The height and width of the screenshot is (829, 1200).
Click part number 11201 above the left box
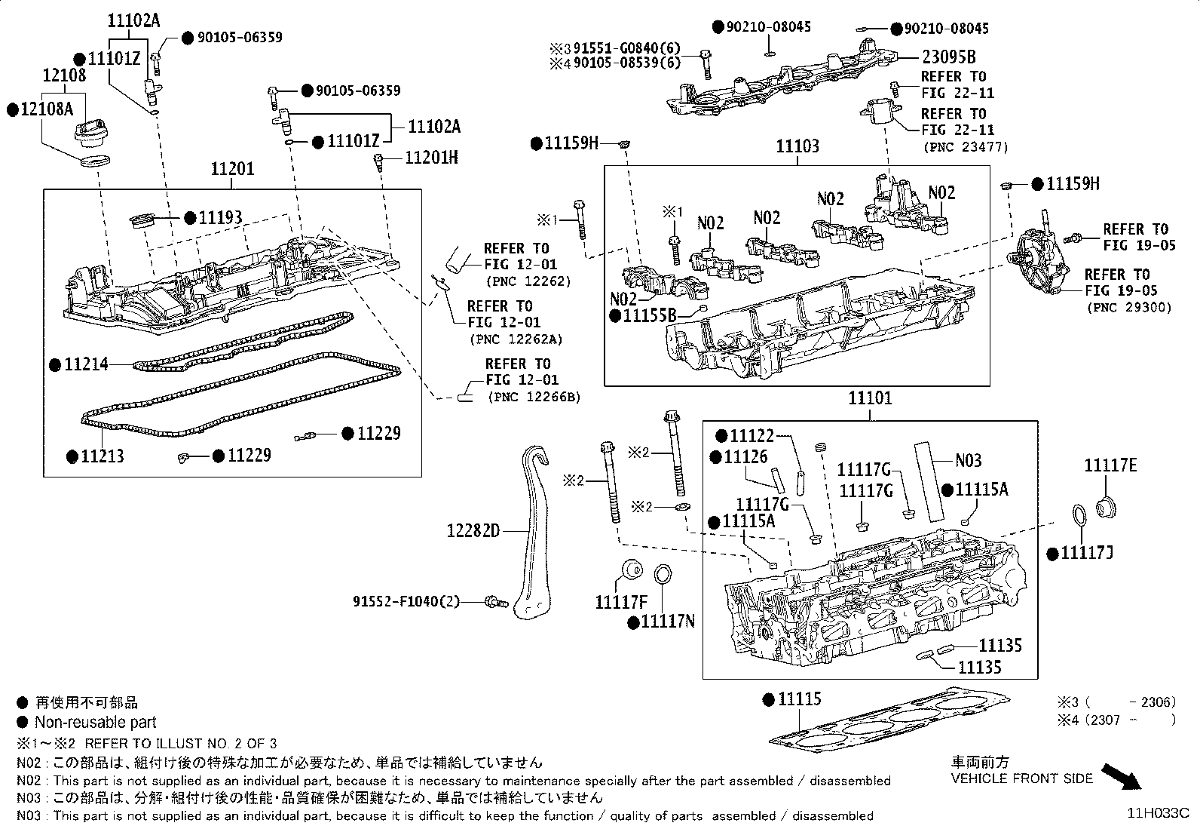click(x=232, y=170)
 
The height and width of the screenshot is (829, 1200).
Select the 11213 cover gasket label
click(x=103, y=456)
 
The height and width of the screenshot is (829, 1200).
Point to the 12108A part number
click(x=47, y=109)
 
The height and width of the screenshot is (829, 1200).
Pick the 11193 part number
click(x=220, y=219)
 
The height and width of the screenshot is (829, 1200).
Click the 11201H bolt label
click(x=431, y=158)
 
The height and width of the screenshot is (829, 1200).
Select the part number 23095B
click(x=948, y=57)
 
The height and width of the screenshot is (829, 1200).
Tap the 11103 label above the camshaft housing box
click(x=797, y=147)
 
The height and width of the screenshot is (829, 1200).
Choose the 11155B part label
click(x=650, y=315)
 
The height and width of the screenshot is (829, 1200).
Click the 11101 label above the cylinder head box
click(x=870, y=398)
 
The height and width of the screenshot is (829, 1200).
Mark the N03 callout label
click(x=969, y=460)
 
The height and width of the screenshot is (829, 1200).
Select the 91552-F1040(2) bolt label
click(x=406, y=601)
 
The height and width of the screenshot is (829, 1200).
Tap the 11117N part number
click(x=668, y=622)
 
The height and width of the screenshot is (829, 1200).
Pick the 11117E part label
click(x=1110, y=465)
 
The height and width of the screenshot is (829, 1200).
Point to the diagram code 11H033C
click(x=1158, y=812)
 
